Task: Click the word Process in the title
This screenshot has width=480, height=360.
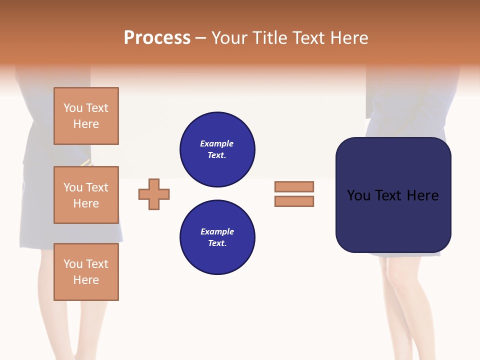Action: (157, 38)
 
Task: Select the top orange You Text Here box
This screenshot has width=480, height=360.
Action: (86, 116)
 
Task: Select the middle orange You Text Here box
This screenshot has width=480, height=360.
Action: (86, 195)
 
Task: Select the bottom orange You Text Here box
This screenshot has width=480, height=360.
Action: (86, 272)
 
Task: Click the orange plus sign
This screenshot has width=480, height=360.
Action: (154, 194)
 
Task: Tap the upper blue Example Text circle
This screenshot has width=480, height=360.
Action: (217, 149)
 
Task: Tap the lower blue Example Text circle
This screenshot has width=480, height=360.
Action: (217, 237)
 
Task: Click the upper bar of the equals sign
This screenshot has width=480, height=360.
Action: (294, 186)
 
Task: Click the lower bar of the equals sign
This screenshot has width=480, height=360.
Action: (294, 201)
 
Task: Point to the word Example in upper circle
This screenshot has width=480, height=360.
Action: (217, 143)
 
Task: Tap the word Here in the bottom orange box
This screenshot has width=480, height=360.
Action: (86, 280)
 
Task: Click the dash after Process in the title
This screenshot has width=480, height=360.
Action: (200, 38)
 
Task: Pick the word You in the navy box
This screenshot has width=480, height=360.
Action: (358, 195)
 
